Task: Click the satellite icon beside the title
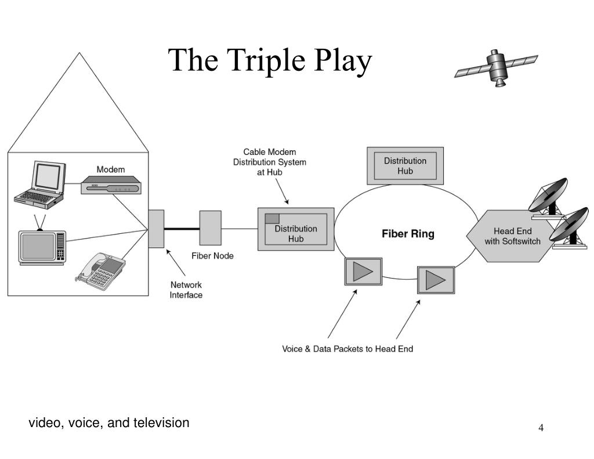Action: [x=496, y=67]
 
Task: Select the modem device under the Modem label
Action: [x=111, y=185]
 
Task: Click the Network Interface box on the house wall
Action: [x=156, y=229]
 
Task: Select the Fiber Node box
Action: [x=210, y=228]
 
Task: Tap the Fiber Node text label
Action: [x=212, y=256]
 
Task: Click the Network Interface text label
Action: [x=186, y=290]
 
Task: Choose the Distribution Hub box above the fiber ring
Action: [x=405, y=166]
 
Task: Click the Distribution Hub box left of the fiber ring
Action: [x=296, y=229]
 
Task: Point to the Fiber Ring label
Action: [x=408, y=234]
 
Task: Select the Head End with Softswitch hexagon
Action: [x=512, y=236]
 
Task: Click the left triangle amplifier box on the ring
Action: [x=363, y=272]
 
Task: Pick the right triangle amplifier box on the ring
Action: [x=436, y=280]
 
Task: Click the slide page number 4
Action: [x=541, y=428]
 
